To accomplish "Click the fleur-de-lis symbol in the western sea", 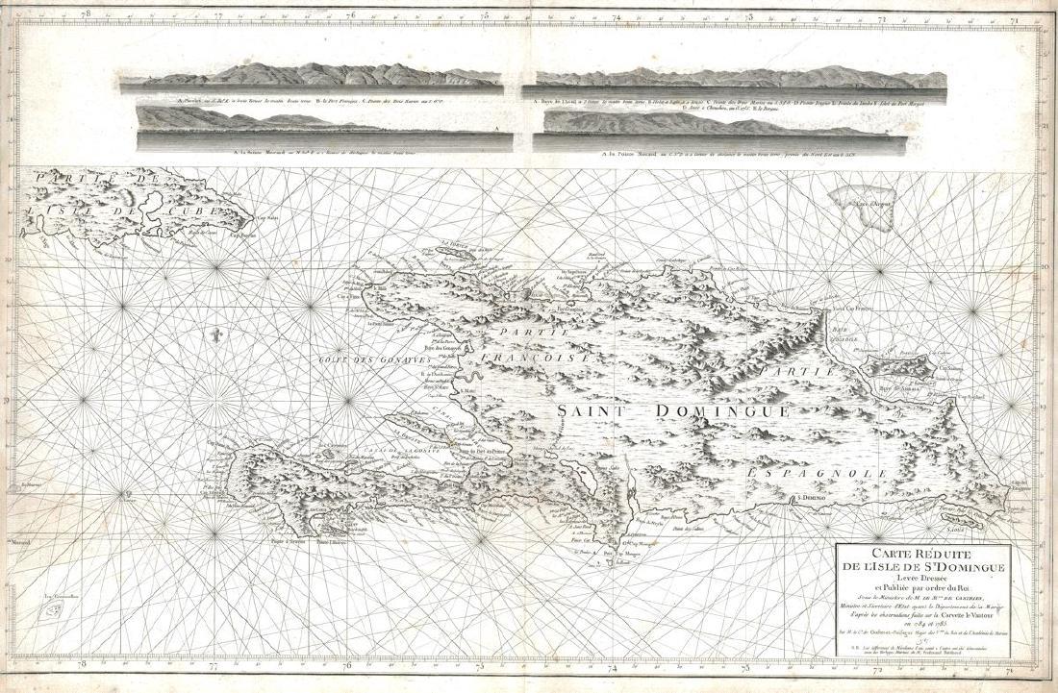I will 219,337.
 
